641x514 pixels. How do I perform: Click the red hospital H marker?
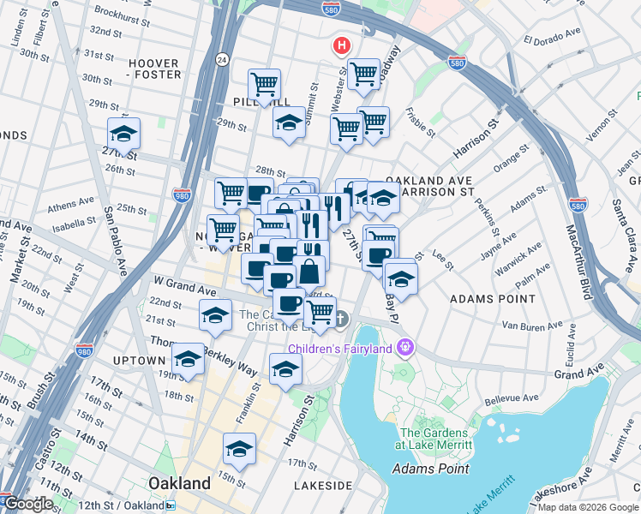342,45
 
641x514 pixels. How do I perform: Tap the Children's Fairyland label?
340,348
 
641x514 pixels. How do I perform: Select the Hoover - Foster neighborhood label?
154,69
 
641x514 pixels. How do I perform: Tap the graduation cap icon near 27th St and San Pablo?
123,135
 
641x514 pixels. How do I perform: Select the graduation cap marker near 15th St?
240,450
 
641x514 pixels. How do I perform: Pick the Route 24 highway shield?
222,59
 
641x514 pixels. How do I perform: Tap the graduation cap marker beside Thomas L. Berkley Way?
188,360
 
